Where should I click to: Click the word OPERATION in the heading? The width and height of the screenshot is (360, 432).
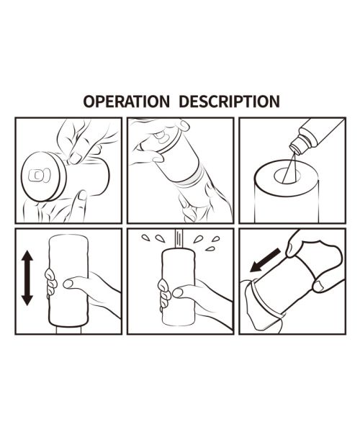(x=127, y=102)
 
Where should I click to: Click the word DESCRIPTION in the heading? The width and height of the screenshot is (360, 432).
(x=230, y=102)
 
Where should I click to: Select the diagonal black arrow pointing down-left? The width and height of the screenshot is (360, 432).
(x=265, y=260)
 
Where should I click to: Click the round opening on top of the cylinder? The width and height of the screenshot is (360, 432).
(x=287, y=176)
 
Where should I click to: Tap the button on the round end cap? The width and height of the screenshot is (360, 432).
(x=40, y=175)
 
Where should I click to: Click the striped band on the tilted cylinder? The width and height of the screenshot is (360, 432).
(x=191, y=176)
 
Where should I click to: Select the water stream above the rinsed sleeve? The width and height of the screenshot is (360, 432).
(x=179, y=238)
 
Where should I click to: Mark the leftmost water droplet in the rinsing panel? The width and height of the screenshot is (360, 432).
(x=145, y=237)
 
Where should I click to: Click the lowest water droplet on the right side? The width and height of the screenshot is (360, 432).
(x=210, y=249)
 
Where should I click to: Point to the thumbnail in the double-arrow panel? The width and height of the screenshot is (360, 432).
(x=68, y=284)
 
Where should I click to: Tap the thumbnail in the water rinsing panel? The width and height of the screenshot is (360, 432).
(x=177, y=292)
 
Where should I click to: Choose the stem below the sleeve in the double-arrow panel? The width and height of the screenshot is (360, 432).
(x=69, y=330)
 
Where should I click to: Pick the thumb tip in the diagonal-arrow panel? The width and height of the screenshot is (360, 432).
(x=319, y=286)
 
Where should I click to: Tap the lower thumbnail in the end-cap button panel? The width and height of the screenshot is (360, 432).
(x=82, y=195)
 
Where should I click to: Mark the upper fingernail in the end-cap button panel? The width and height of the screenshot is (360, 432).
(x=74, y=158)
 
